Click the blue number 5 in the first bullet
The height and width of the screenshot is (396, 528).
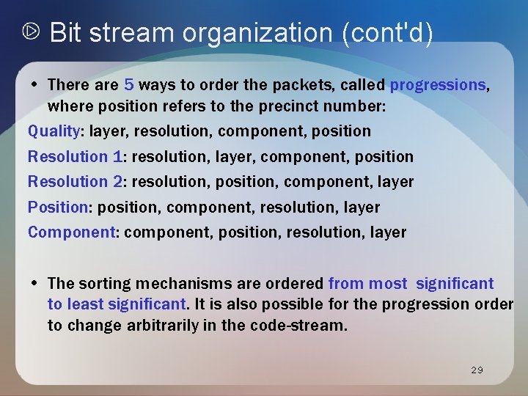point(129,85)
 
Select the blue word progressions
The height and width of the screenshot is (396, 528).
point(438,85)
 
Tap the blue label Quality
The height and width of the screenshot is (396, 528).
point(54,131)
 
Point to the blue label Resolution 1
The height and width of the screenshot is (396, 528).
point(74,156)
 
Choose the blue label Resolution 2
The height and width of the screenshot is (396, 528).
point(75,181)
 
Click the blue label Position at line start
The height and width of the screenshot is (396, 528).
point(58,207)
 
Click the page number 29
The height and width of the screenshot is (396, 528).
point(477,370)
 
